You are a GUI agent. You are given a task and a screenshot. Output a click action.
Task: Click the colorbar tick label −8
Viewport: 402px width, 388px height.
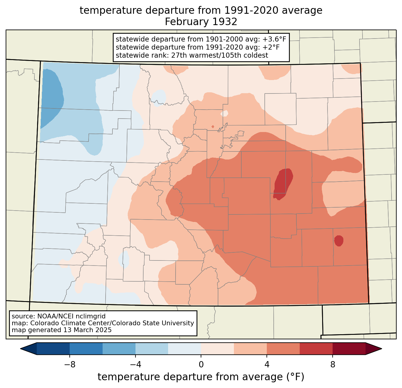(x=70, y=365)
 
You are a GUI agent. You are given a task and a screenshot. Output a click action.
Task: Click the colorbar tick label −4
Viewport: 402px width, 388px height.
(x=135, y=365)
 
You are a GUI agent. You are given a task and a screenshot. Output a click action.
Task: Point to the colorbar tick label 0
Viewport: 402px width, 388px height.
(x=201, y=365)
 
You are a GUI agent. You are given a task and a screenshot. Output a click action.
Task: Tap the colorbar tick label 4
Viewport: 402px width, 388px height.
(x=267, y=365)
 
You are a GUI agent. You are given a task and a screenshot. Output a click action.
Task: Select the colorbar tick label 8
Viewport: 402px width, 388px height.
(x=333, y=365)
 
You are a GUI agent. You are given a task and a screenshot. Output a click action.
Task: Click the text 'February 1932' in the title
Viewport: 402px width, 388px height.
(x=201, y=22)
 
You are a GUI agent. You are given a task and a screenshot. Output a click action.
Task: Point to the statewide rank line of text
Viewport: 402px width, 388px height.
(x=192, y=55)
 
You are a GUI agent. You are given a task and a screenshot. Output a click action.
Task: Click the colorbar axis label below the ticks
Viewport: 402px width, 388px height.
(x=201, y=377)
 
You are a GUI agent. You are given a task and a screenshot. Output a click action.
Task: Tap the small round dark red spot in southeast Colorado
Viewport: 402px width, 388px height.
(x=339, y=241)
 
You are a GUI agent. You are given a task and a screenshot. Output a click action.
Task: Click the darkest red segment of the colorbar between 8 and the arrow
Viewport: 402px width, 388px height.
(x=349, y=349)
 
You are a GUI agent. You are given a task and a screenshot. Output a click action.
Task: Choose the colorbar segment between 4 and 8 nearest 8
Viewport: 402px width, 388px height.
(x=316, y=349)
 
